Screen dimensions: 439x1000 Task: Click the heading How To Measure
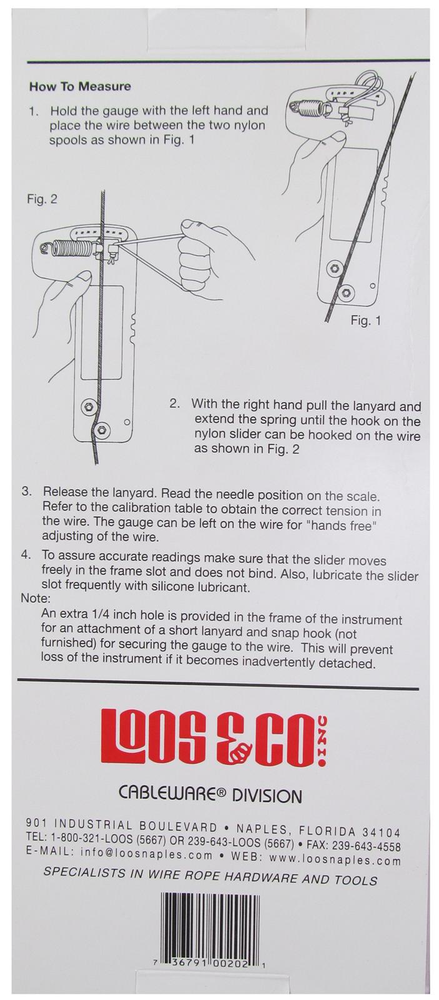point(80,86)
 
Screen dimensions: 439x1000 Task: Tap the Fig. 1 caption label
point(365,320)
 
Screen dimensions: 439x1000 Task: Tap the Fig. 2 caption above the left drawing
point(42,199)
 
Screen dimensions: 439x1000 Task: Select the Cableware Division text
point(210,795)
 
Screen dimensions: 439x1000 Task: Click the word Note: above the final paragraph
point(36,597)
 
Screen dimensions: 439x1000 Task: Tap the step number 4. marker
point(26,555)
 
